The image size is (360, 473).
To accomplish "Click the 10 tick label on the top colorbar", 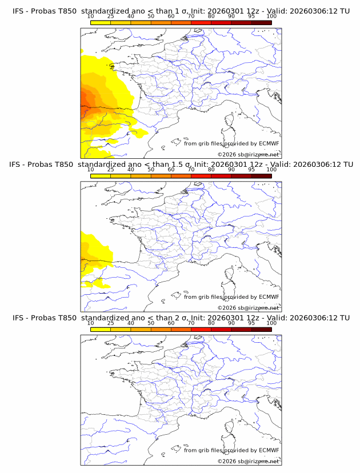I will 90,16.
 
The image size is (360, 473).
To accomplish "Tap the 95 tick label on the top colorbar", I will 251,16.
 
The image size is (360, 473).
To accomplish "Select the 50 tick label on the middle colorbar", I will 151,170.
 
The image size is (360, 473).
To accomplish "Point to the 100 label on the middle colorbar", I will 271,170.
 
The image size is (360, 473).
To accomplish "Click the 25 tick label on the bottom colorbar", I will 110,323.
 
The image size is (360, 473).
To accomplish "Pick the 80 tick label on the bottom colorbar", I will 211,323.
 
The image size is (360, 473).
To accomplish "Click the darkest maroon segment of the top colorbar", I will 261,22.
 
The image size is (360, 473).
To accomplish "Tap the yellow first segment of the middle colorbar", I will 100,176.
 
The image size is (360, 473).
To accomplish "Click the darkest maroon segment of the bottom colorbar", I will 261,330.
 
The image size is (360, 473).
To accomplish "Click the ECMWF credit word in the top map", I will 269,143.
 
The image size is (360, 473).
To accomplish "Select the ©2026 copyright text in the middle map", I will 227,307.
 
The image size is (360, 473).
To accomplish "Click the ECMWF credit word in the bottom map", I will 269,450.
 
